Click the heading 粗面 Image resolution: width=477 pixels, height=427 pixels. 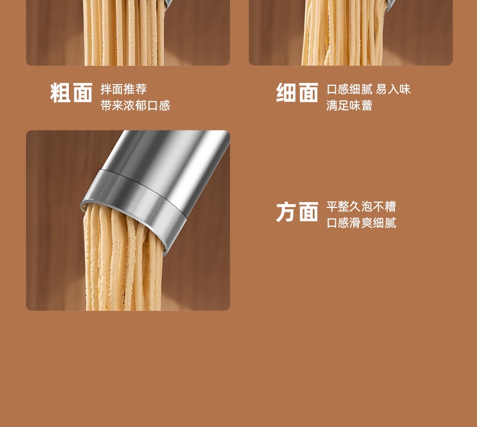(x=71, y=93)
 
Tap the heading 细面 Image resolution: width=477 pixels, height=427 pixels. (x=297, y=93)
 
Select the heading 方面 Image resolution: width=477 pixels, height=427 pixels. (x=297, y=212)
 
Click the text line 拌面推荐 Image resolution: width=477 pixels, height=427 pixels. (x=124, y=90)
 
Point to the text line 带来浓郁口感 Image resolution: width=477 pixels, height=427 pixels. (x=135, y=105)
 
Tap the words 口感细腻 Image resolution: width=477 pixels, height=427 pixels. (x=350, y=90)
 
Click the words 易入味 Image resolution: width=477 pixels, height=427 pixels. (x=393, y=90)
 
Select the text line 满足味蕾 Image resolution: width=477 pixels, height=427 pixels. (x=349, y=105)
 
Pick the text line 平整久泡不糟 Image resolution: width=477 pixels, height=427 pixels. (x=361, y=207)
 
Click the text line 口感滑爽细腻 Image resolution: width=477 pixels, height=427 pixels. (x=362, y=223)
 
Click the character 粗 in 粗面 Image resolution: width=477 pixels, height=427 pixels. (x=60, y=93)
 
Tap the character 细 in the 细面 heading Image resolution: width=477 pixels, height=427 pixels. (x=286, y=93)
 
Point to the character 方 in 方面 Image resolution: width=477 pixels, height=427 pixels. (x=286, y=212)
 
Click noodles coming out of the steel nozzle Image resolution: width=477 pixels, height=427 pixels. (x=122, y=259)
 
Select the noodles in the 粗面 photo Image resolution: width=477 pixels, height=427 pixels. (x=123, y=32)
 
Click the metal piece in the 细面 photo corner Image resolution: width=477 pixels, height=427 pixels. (x=390, y=5)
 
